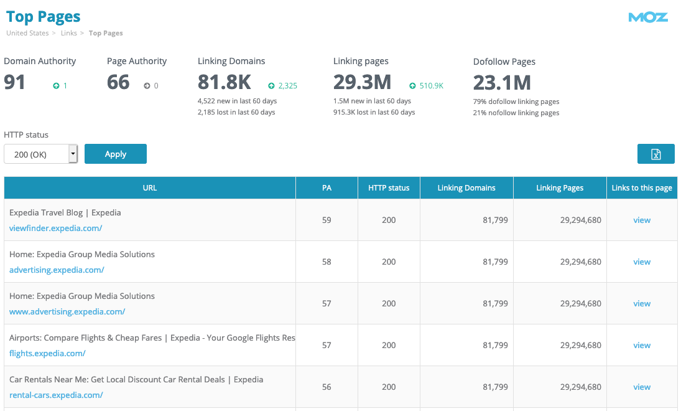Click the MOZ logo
648,17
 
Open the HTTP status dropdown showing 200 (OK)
41,154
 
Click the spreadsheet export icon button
656,154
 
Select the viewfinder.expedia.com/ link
55,228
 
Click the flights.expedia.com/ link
47,353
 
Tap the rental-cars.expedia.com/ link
56,395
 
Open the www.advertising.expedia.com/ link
67,311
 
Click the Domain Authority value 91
15,82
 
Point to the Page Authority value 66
118,82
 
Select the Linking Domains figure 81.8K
224,82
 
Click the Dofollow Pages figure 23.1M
502,82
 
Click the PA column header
327,188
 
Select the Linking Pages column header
560,188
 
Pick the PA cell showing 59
327,220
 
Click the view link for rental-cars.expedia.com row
642,387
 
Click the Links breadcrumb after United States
68,33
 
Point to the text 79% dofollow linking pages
516,102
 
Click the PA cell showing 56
327,387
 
